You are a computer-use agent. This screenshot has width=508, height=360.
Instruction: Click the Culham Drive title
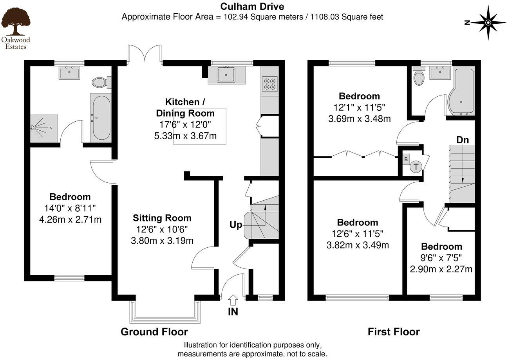click(x=252, y=6)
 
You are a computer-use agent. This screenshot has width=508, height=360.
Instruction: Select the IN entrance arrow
click(x=233, y=300)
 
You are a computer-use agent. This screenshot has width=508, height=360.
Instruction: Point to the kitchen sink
click(x=226, y=75)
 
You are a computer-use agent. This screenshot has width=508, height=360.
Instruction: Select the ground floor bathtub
click(x=101, y=118)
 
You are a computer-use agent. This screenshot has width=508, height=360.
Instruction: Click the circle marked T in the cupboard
click(x=416, y=166)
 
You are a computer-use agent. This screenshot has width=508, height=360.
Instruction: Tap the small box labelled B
click(x=406, y=159)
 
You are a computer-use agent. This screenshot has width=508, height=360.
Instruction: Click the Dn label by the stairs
click(x=462, y=140)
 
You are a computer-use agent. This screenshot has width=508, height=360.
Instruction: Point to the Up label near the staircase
click(x=236, y=225)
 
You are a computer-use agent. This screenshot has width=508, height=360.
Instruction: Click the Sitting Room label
click(x=162, y=218)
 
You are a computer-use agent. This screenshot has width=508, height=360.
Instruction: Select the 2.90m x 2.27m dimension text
click(x=441, y=269)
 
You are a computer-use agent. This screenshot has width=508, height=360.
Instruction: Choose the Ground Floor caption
click(x=154, y=332)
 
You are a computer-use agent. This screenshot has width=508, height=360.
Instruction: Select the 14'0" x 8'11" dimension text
click(x=70, y=208)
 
